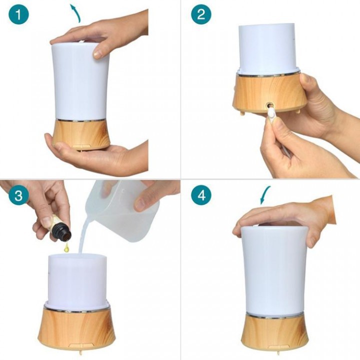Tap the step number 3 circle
19,195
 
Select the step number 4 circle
201,195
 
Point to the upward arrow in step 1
76,13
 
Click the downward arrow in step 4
264,194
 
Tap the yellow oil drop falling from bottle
66,247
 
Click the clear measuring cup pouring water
121,210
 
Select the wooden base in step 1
81,135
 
